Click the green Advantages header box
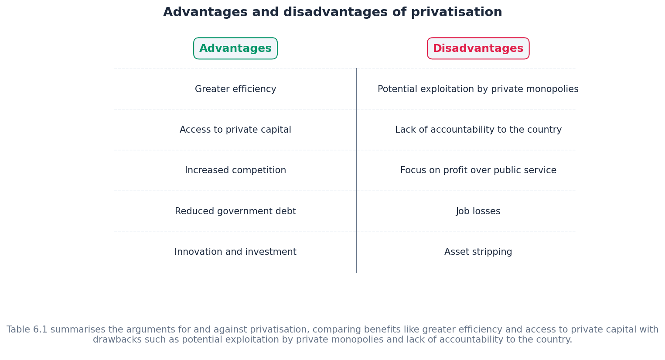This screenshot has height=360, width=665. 235,48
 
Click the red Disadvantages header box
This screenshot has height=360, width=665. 478,48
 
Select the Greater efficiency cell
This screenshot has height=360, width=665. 235,89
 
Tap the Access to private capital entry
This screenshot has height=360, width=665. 235,130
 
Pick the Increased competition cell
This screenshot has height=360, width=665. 235,171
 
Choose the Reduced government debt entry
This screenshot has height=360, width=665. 235,212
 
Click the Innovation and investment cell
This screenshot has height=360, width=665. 235,252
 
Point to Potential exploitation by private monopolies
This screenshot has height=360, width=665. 478,89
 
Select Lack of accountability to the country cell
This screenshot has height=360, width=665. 478,130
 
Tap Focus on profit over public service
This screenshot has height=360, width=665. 478,171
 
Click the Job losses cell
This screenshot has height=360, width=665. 478,212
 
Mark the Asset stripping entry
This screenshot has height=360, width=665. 478,252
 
